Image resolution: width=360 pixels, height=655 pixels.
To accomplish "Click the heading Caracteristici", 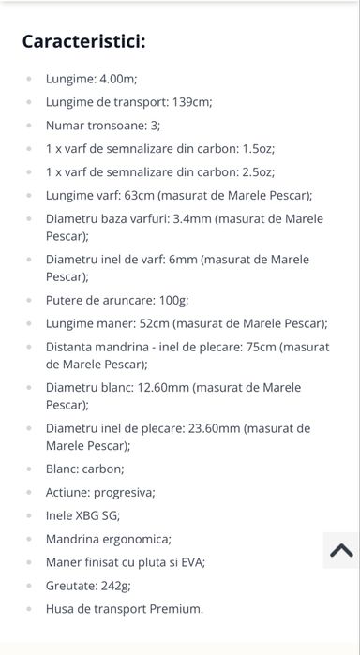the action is [83, 41].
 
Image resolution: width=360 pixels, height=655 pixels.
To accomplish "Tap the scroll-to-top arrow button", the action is [341, 551].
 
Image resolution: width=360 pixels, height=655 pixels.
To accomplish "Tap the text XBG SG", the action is [98, 515].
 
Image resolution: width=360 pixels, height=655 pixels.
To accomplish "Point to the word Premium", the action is [172, 608].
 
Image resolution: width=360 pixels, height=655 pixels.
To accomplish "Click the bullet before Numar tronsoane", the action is [30, 126].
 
